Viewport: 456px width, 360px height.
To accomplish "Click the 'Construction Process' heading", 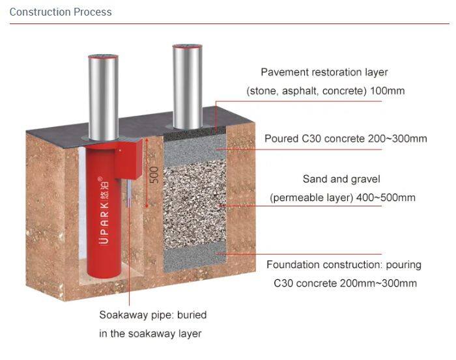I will tap(61, 12).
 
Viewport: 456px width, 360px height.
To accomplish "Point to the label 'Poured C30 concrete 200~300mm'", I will tap(345, 139).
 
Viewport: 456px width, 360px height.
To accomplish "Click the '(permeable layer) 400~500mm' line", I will tap(342, 197).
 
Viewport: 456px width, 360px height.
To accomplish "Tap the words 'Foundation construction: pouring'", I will tap(344, 265).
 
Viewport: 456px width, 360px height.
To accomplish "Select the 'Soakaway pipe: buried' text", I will tap(152, 315).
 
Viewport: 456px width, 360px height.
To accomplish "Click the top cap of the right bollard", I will tap(188, 48).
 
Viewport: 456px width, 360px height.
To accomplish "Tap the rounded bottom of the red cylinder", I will tap(102, 271).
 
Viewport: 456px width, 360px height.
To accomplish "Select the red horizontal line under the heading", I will tap(228, 24).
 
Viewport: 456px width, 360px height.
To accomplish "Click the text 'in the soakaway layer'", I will tap(150, 333).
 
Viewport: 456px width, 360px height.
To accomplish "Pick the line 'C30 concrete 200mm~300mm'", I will tap(345, 283).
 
